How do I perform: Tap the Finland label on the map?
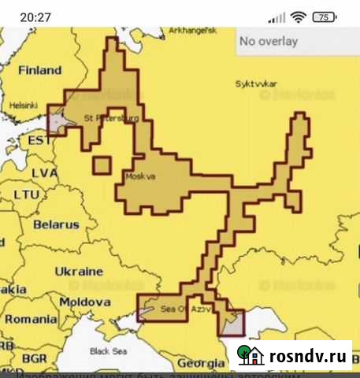(39, 70)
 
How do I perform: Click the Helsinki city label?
(24, 105)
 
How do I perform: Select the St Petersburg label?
(112, 118)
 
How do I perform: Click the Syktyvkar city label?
(258, 83)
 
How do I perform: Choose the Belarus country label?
(56, 224)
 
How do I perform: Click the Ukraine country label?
(78, 271)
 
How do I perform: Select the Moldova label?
(82, 302)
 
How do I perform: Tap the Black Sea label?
(108, 351)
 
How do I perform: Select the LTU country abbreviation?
(26, 194)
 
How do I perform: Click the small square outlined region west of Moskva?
(102, 165)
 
